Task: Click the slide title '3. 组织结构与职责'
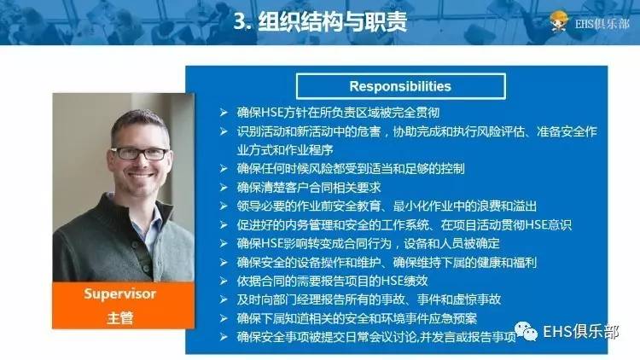(319, 21)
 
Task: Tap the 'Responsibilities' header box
(399, 86)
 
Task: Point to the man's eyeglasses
(139, 154)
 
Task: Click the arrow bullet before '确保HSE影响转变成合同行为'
(223, 243)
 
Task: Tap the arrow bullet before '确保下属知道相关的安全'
(223, 318)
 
